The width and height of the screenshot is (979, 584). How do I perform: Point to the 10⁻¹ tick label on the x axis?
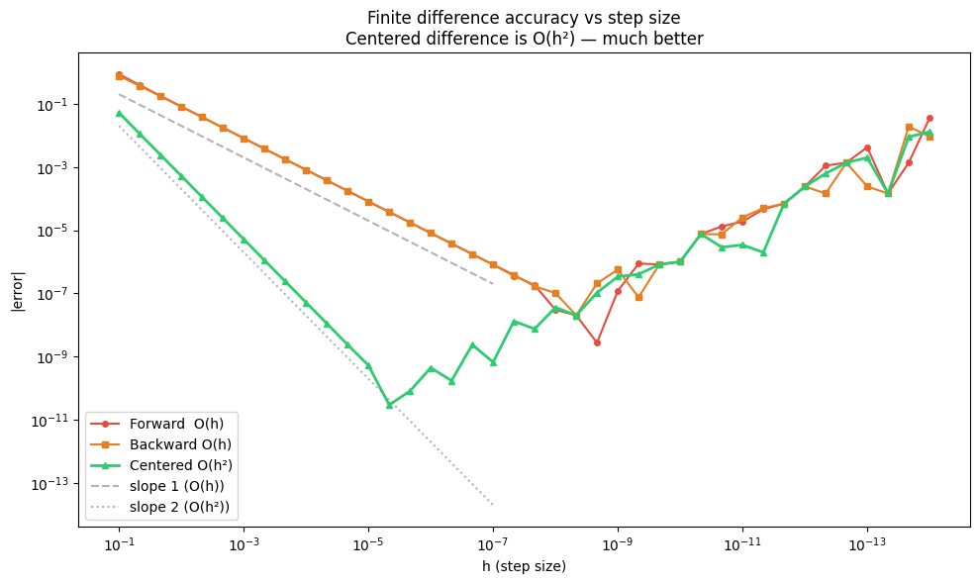click(x=119, y=545)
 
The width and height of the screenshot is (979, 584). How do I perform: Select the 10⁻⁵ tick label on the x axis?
click(x=368, y=545)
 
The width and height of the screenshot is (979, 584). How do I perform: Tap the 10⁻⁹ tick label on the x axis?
click(x=618, y=545)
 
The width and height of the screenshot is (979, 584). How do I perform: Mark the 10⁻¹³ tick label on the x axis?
click(x=867, y=545)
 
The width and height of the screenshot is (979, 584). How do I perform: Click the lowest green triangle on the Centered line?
click(x=389, y=405)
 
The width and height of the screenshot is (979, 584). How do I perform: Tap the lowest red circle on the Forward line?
click(x=597, y=342)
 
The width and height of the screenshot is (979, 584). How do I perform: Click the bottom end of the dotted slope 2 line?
click(x=493, y=505)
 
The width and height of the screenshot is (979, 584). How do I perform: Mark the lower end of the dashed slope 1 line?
click(x=493, y=284)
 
